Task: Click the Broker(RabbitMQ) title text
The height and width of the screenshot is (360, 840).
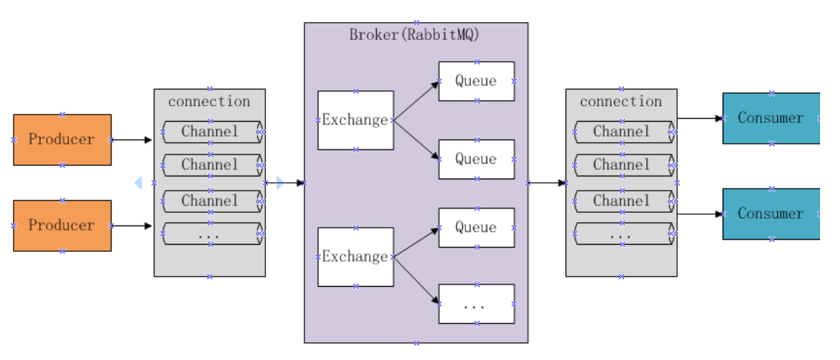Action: pos(414,36)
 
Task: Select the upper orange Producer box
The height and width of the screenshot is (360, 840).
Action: pos(62,140)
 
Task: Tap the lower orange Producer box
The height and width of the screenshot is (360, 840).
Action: pos(62,226)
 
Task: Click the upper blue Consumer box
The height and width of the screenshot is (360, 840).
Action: pos(772,118)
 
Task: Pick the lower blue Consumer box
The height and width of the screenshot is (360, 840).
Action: pos(772,213)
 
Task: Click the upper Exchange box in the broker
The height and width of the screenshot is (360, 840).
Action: pos(356,120)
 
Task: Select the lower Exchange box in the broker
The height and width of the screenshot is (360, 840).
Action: pos(356,257)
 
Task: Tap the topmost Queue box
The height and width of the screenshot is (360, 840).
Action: pos(477,81)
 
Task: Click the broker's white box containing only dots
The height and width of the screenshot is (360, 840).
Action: pos(477,304)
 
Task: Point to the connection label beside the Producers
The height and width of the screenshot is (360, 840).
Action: pos(209,101)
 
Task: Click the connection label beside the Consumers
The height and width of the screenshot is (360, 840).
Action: pos(621,101)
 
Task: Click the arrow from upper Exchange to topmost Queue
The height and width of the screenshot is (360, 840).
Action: pos(417,101)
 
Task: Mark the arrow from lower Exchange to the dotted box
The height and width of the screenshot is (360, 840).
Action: pos(417,281)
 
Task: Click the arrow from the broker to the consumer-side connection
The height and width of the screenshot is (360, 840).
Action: pos(547,183)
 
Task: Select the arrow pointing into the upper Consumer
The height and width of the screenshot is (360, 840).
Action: pos(701,118)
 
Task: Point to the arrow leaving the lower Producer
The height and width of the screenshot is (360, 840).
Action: pos(132,226)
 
